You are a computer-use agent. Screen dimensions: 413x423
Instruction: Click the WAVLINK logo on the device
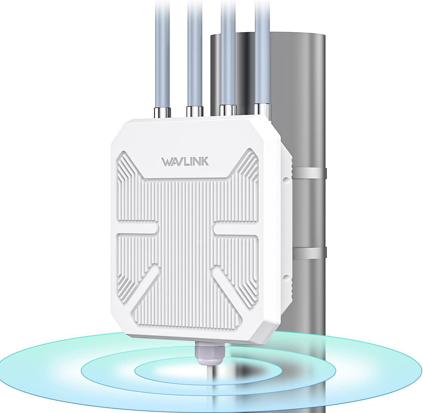185,161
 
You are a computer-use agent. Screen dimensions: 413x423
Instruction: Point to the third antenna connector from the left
228,110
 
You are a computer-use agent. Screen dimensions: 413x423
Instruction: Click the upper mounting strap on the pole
310,173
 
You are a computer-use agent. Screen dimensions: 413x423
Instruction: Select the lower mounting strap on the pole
310,251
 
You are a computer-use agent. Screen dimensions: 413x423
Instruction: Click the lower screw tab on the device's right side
286,276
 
